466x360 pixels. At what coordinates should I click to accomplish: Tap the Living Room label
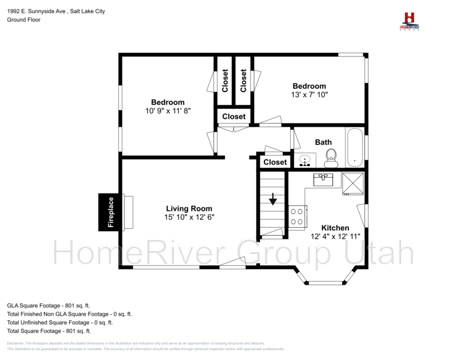tap(189, 209)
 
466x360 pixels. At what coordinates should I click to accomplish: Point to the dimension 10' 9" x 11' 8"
tap(168, 110)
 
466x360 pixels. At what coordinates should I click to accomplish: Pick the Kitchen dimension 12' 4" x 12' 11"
tap(335, 237)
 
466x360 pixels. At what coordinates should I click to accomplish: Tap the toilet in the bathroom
tap(331, 158)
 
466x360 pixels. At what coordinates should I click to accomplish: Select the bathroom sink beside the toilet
tap(305, 160)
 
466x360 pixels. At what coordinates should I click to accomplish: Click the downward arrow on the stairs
tap(273, 200)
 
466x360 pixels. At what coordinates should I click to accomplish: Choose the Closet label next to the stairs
tap(275, 162)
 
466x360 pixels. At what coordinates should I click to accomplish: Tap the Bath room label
tap(323, 142)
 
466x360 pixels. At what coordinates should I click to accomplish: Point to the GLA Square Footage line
tap(48, 305)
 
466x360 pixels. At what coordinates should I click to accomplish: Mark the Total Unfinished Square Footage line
tap(60, 322)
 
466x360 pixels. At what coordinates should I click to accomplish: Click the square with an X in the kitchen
tap(352, 183)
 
